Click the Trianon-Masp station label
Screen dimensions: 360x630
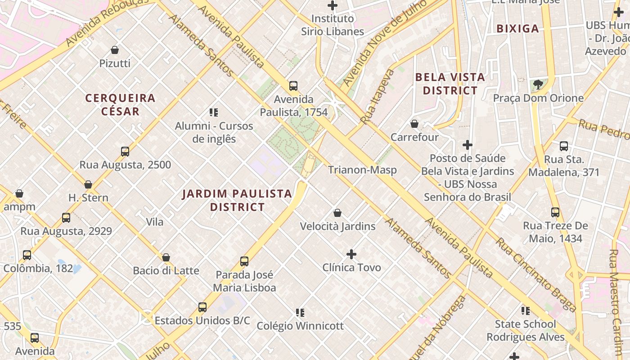tap(362, 170)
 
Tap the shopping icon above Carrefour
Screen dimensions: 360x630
tap(414, 124)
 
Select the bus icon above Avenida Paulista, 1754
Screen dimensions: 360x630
tap(293, 85)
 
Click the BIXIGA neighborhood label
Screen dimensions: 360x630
tap(517, 29)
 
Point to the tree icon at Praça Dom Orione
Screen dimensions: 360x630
tap(538, 84)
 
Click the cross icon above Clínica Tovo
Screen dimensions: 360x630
tap(351, 254)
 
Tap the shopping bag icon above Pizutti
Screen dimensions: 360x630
tap(115, 50)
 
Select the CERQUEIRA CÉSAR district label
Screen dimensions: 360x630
tap(120, 104)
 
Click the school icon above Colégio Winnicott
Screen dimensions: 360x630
tap(300, 312)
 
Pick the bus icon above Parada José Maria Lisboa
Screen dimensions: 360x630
tap(244, 261)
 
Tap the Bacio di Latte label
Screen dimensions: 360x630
tap(166, 270)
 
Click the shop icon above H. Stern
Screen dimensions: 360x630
tap(88, 184)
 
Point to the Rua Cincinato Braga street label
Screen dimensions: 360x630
tap(535, 274)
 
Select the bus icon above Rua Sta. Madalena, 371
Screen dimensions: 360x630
tap(564, 146)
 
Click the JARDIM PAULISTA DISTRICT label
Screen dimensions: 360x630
tap(237, 200)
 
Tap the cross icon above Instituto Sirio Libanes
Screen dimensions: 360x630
tap(333, 5)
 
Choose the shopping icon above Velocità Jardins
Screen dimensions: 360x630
tap(337, 213)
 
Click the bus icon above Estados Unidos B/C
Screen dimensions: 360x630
tap(202, 307)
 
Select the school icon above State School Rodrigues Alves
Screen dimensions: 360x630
tap(525, 310)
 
